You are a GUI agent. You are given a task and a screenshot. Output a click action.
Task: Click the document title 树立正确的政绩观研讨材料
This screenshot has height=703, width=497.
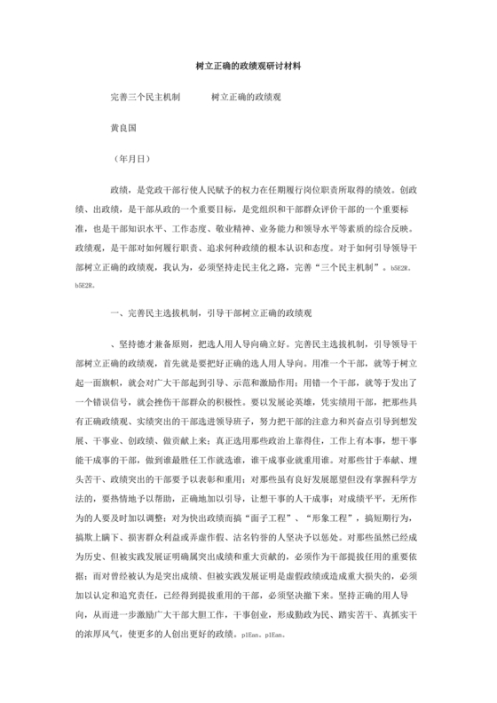[x=248, y=67]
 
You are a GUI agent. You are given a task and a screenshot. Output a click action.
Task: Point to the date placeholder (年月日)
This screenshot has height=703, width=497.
[x=135, y=161]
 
